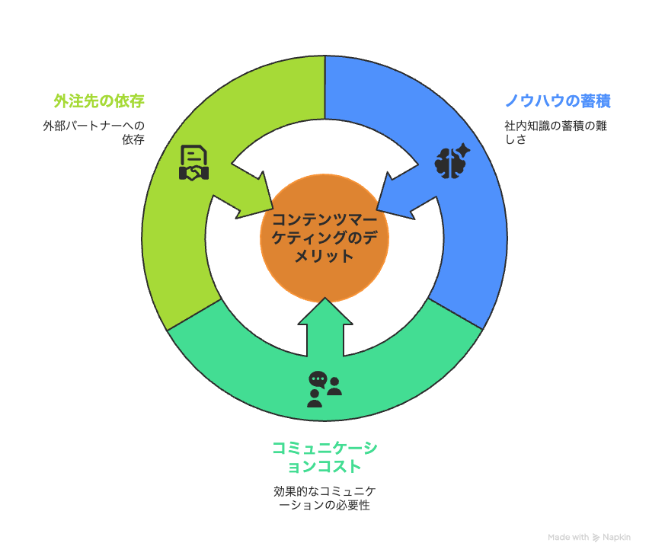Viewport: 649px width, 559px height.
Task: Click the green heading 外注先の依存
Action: (x=99, y=101)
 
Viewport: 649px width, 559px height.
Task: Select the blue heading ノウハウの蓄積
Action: (x=558, y=101)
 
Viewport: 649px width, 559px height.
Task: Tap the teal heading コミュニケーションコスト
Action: (x=324, y=457)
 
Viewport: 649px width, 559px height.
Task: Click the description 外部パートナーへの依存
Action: (x=94, y=133)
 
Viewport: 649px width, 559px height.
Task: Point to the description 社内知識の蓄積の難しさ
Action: (x=555, y=133)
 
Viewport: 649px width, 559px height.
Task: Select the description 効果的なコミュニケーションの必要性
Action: (x=324, y=498)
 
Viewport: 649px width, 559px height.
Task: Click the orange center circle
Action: (x=324, y=238)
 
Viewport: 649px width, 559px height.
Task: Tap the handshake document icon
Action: (x=193, y=162)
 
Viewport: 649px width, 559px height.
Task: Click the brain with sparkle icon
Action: (x=452, y=161)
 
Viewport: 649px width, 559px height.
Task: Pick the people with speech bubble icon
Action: (x=324, y=389)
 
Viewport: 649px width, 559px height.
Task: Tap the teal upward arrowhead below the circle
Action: (x=325, y=311)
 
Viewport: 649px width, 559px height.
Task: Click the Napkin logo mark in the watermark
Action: (x=596, y=538)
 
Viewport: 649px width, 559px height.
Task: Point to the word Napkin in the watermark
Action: (x=616, y=537)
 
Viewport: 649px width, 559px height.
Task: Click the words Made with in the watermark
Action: (x=568, y=537)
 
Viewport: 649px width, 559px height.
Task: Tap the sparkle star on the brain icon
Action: (x=462, y=150)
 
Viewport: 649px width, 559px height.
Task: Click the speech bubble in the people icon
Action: (x=318, y=379)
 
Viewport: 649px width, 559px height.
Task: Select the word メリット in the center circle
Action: (x=324, y=256)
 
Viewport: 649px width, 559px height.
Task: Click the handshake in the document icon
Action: (x=193, y=173)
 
